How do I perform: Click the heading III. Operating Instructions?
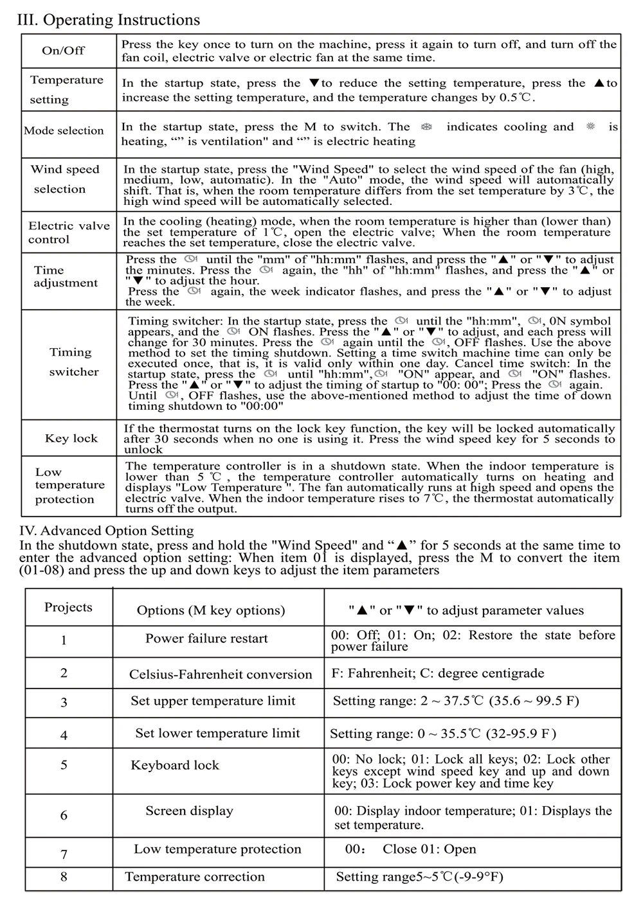pos(108,20)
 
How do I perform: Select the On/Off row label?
pos(63,51)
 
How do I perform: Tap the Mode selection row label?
pos(64,130)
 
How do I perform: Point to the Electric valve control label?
pos(68,233)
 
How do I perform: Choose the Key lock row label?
pos(71,438)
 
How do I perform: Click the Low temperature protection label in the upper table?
pos(69,486)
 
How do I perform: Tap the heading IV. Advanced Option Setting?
pos(106,531)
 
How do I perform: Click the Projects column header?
pos(68,607)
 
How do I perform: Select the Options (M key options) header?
pos(210,610)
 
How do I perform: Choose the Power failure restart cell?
pos(206,638)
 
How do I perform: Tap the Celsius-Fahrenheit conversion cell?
pos(220,674)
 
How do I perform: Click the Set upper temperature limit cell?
pos(213,701)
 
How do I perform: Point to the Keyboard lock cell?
pos(175,765)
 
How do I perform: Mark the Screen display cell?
pos(189,811)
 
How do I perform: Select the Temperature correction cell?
pos(194,877)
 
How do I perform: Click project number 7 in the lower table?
pos(64,854)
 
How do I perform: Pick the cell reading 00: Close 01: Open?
pos(412,849)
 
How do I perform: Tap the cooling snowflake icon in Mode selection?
pos(425,127)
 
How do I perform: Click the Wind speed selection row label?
pos(65,179)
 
